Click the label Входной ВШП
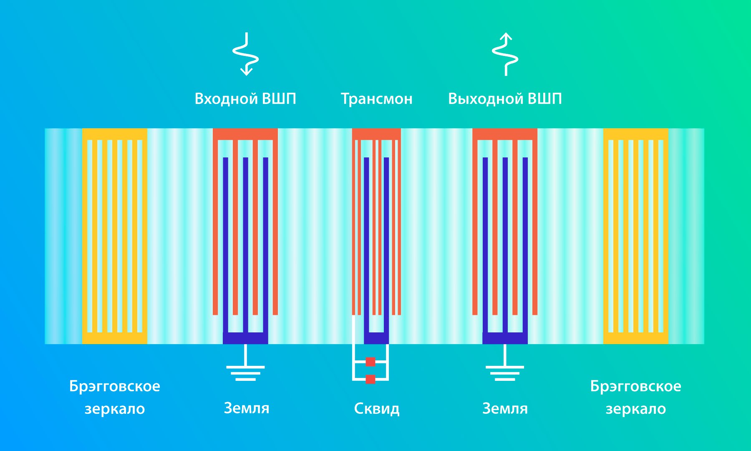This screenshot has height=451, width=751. (x=245, y=99)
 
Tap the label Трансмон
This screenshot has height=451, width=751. (x=377, y=99)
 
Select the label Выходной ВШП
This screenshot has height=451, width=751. (x=505, y=99)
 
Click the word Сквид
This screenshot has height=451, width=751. (x=377, y=408)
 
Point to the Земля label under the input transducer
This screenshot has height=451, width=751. (x=247, y=408)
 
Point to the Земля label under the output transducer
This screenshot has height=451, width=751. (x=505, y=408)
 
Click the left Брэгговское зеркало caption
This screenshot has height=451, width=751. (x=115, y=397)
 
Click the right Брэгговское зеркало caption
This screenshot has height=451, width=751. (x=636, y=397)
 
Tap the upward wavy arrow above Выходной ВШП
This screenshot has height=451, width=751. (x=506, y=54)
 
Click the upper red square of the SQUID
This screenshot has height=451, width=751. (x=370, y=362)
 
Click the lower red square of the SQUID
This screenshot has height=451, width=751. (x=370, y=379)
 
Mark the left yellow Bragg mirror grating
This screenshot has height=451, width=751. (x=115, y=236)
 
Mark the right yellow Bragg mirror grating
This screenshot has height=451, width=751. (x=636, y=236)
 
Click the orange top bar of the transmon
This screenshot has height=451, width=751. (x=376, y=134)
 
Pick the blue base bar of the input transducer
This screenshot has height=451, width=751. (x=245, y=338)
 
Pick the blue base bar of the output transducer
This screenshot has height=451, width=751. (x=505, y=338)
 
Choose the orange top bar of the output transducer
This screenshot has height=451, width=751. (x=505, y=134)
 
